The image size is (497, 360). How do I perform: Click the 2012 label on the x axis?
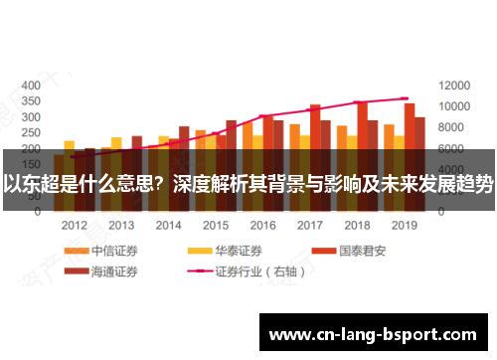[75, 226]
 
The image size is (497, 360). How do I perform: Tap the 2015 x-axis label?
[217, 226]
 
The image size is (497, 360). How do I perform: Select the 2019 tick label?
[405, 226]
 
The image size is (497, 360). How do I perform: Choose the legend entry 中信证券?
[113, 251]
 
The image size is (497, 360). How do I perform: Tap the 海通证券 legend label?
[113, 270]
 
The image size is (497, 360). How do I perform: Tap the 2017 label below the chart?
[310, 226]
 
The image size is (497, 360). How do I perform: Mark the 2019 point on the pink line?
[405, 98]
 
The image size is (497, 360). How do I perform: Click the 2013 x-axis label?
[121, 226]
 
